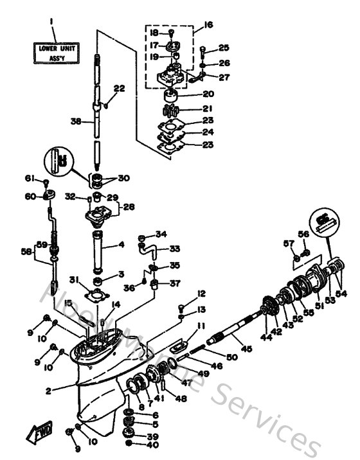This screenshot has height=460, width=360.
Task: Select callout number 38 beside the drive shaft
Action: (76, 120)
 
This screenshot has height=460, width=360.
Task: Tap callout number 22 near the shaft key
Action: (119, 89)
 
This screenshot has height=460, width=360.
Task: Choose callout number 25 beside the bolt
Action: (223, 48)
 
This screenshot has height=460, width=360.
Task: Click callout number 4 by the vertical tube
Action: (120, 245)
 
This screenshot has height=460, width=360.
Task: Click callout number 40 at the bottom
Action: (152, 445)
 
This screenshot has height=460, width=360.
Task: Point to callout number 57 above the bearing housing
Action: (288, 243)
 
